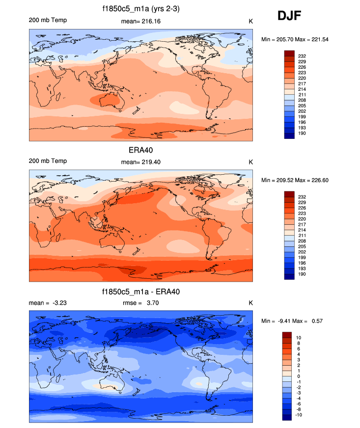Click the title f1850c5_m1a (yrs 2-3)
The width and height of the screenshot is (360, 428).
pos(141,8)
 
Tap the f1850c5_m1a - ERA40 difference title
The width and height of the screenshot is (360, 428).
pos(141,292)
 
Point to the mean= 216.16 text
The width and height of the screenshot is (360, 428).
pos(141,21)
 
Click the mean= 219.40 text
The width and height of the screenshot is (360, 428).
pos(141,161)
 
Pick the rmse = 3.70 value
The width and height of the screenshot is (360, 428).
pos(141,303)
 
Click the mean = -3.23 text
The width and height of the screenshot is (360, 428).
pos(48,303)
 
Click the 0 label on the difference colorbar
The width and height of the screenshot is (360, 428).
pos(298,376)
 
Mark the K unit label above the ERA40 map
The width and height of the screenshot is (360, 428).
pos(250,161)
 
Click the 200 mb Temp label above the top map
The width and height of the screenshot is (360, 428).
pos(48,20)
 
